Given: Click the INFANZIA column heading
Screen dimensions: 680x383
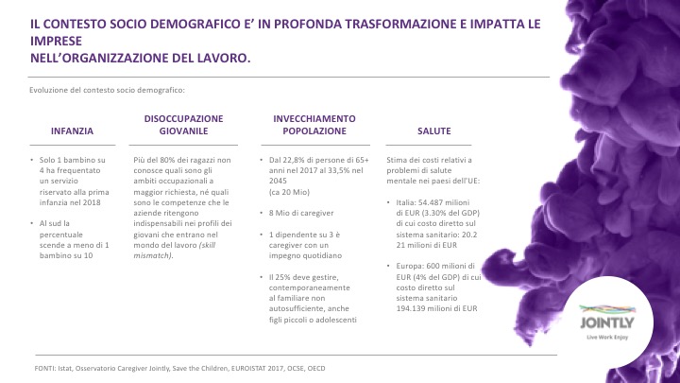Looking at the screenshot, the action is (x=72, y=131).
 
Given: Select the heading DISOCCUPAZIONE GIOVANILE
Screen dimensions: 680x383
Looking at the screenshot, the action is (x=183, y=125).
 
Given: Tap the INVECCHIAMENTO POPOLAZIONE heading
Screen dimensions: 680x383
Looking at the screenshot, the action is (x=314, y=125).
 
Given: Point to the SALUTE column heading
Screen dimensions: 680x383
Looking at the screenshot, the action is (x=434, y=131).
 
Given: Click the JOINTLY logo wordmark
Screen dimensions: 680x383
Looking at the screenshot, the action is (x=607, y=322).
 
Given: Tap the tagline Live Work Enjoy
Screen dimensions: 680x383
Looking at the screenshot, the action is (x=607, y=338).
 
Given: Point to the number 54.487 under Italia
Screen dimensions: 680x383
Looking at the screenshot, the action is (x=431, y=202).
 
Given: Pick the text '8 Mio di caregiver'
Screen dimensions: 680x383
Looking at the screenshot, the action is (x=301, y=213).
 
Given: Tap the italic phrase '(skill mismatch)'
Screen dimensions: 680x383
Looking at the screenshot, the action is (x=175, y=251).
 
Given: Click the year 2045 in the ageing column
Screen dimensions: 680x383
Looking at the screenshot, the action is (x=278, y=181).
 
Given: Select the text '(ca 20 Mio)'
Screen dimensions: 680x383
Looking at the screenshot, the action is (x=289, y=192).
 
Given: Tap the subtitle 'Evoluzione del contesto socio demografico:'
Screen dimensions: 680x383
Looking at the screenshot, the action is (x=107, y=91).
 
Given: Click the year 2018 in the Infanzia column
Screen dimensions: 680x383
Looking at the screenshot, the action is (x=92, y=202).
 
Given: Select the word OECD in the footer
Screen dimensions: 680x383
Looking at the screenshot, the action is (x=316, y=369).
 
